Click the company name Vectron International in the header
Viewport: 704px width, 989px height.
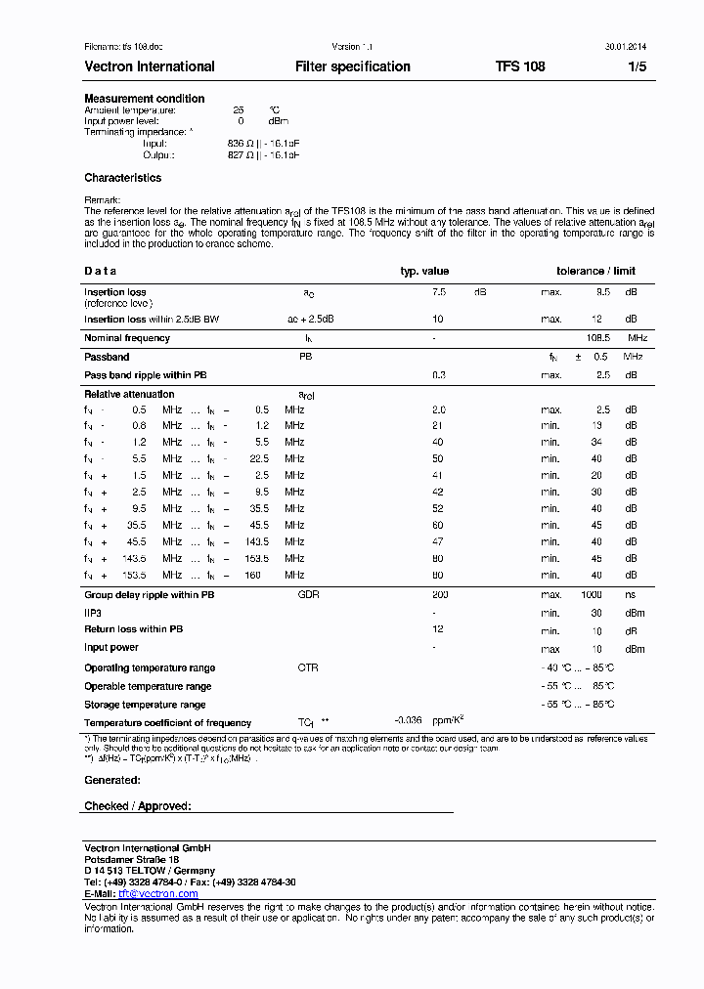click(149, 66)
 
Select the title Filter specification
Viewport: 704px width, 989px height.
click(352, 66)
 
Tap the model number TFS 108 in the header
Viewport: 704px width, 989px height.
click(520, 66)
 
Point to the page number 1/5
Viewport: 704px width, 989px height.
click(637, 66)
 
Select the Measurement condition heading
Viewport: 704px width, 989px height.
click(145, 99)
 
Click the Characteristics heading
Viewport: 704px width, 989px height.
click(123, 178)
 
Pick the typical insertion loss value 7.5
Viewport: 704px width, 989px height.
click(439, 292)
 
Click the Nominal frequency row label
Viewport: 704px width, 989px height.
click(127, 338)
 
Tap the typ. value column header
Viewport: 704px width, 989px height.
click(424, 271)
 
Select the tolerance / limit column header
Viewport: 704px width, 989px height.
click(595, 271)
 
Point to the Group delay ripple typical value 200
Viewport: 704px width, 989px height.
click(440, 594)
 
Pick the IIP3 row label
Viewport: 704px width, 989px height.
click(93, 613)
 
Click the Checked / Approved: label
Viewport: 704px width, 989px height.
click(137, 806)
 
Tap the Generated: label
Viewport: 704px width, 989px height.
click(112, 780)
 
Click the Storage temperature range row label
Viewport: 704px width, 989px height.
click(145, 705)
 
